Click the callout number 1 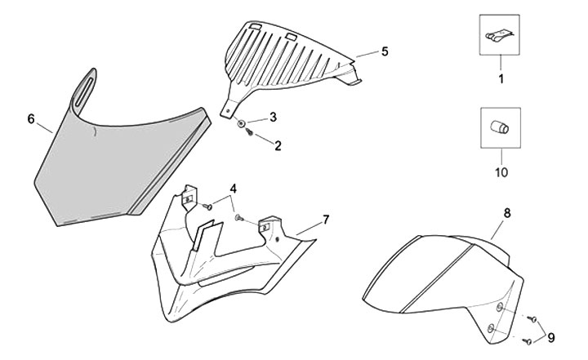click(x=502, y=79)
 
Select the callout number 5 click(x=384, y=51)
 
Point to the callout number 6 click(x=31, y=118)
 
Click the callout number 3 click(x=273, y=117)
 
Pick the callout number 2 click(x=278, y=146)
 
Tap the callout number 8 click(x=506, y=212)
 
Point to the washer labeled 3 click(x=243, y=123)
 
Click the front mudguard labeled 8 click(x=441, y=278)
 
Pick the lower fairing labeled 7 click(x=220, y=261)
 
